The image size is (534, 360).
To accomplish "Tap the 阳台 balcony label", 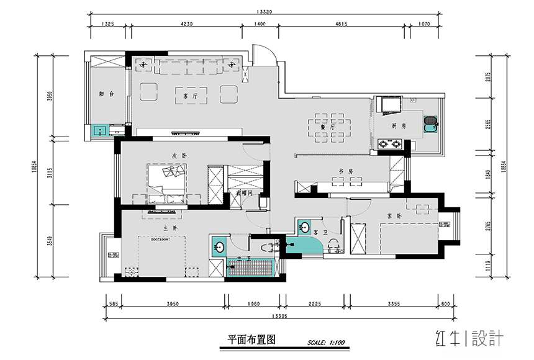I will (x=106, y=94).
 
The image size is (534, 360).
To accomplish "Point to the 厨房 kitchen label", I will (x=399, y=125).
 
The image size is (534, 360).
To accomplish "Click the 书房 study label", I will (x=346, y=171).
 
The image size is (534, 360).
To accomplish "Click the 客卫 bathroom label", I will (x=320, y=232).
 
